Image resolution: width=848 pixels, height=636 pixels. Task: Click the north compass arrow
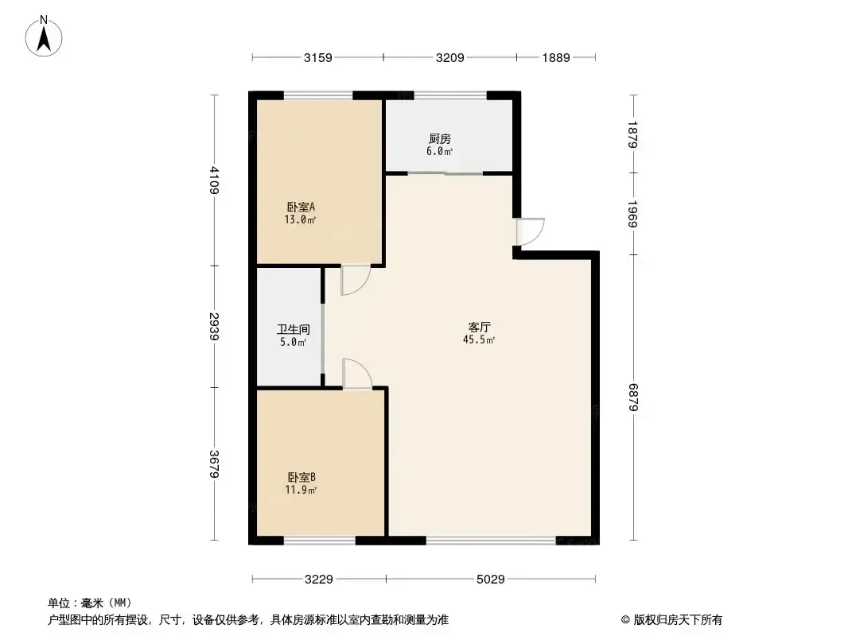pyautogui.click(x=44, y=37)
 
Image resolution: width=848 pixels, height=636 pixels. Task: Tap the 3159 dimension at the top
pyautogui.click(x=318, y=58)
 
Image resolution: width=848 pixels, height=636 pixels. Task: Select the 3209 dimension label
pyautogui.click(x=450, y=58)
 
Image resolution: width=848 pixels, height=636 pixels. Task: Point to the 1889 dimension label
pyautogui.click(x=556, y=58)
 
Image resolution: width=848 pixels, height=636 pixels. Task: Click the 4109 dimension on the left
pyautogui.click(x=215, y=180)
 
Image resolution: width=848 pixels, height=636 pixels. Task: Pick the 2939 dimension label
pyautogui.click(x=215, y=327)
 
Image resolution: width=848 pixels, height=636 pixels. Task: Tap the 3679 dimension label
pyautogui.click(x=215, y=463)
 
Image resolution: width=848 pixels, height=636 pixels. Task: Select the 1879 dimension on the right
pyautogui.click(x=633, y=134)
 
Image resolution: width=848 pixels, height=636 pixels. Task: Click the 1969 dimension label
pyautogui.click(x=633, y=214)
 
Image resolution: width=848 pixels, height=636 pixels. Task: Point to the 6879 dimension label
pyautogui.click(x=633, y=397)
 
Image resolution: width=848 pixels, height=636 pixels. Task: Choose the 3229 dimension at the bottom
pyautogui.click(x=318, y=580)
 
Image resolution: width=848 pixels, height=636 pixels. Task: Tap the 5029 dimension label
pyautogui.click(x=491, y=580)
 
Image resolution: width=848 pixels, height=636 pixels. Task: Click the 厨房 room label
pyautogui.click(x=440, y=139)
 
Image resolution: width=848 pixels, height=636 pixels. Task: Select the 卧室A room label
pyautogui.click(x=301, y=207)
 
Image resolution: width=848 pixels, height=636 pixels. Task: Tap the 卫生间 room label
pyautogui.click(x=294, y=329)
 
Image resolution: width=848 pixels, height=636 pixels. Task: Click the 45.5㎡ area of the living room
pyautogui.click(x=479, y=340)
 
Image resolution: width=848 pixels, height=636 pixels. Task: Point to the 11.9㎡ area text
pyautogui.click(x=301, y=490)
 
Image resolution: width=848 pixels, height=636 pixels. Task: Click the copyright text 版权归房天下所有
pyautogui.click(x=678, y=620)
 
